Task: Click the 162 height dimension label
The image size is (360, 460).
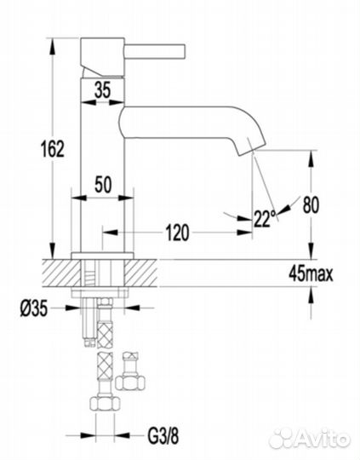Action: coord(53,148)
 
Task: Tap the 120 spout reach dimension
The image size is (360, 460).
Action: coord(178,233)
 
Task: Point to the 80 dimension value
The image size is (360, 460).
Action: coord(311,205)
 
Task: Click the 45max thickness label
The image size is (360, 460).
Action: coord(311,274)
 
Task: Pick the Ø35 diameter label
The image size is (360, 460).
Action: coord(34,309)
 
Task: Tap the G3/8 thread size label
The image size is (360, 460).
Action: coord(163,436)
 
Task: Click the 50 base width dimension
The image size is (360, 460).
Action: coord(103,184)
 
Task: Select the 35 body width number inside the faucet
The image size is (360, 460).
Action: coord(103,90)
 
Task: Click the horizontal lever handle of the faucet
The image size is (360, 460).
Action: coord(156,50)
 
